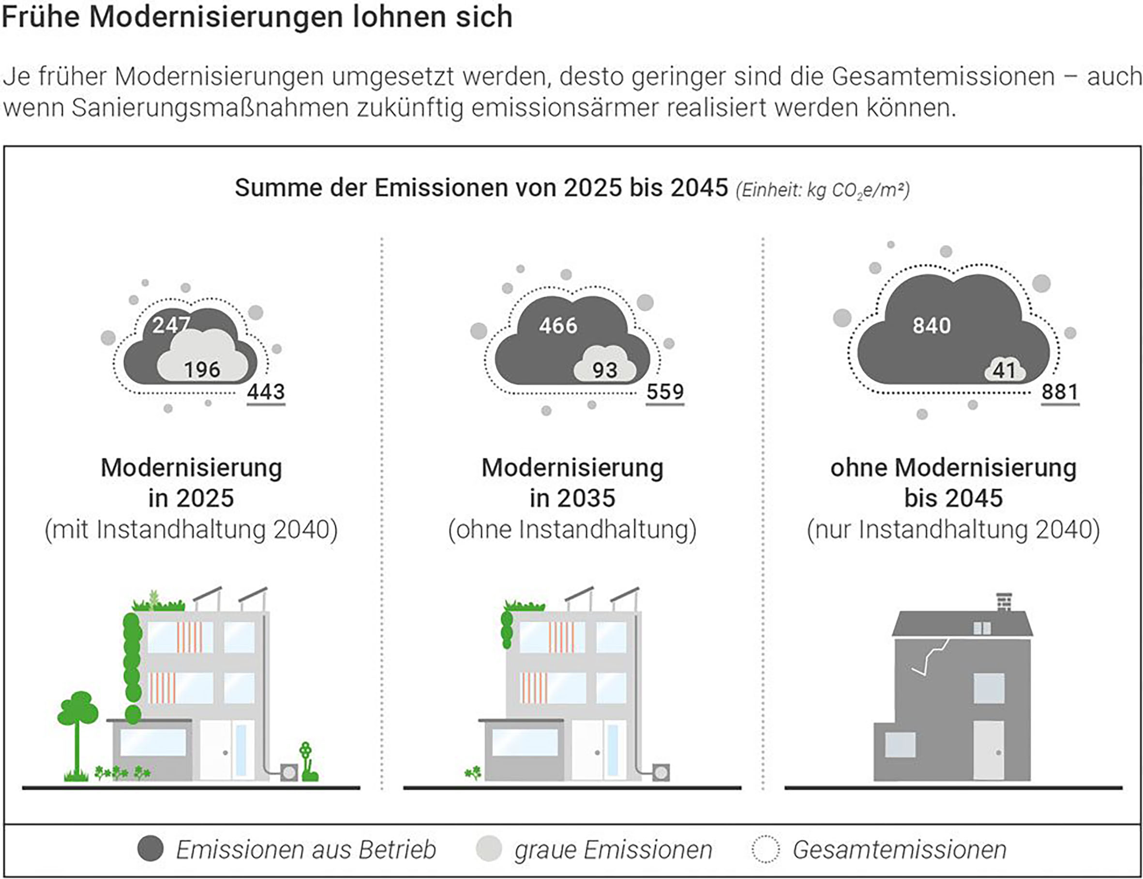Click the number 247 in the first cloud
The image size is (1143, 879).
[x=171, y=325]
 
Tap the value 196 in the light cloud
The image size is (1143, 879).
[x=202, y=370]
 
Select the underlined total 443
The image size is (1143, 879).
[x=266, y=392]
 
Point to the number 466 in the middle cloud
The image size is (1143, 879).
[x=558, y=325]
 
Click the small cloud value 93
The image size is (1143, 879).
[x=604, y=370]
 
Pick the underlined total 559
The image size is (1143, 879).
[x=664, y=392]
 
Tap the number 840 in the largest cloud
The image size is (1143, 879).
[x=931, y=325]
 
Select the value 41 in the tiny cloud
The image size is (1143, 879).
[x=1004, y=370]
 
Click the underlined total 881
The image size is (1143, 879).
[x=1059, y=392]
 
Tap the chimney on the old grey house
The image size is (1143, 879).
[x=1004, y=601]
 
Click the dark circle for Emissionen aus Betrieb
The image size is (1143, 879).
[x=150, y=848]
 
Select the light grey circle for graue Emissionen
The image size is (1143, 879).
[x=489, y=848]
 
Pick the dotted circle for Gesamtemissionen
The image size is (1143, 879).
[x=766, y=848]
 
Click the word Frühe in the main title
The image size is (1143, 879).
[x=40, y=17]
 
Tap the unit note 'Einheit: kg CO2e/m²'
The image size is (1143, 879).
[x=823, y=190]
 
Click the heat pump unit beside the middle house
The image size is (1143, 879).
[x=661, y=772]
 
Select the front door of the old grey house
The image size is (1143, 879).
[x=988, y=750]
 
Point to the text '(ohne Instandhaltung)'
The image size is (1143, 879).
[x=572, y=529]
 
